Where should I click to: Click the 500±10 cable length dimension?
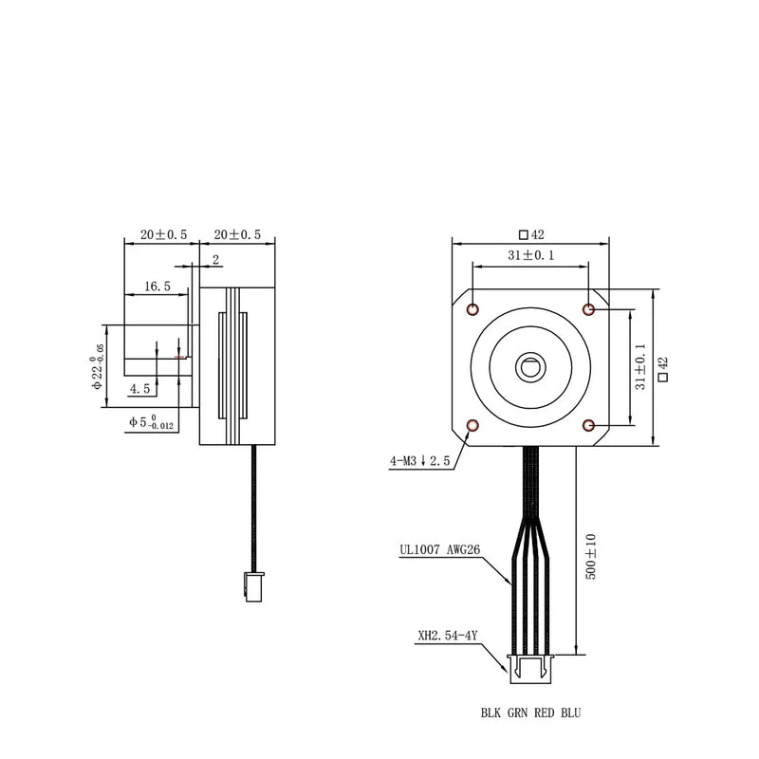point(590,557)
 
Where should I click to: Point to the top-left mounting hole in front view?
point(473,309)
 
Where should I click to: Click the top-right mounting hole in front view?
point(589,309)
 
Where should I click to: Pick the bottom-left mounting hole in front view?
point(473,425)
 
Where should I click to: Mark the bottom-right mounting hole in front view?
point(589,425)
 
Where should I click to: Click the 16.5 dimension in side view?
point(157,286)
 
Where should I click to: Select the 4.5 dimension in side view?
point(140,389)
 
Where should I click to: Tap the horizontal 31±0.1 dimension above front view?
point(530,255)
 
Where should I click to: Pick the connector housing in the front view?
point(529,668)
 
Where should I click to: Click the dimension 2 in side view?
point(215,259)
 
